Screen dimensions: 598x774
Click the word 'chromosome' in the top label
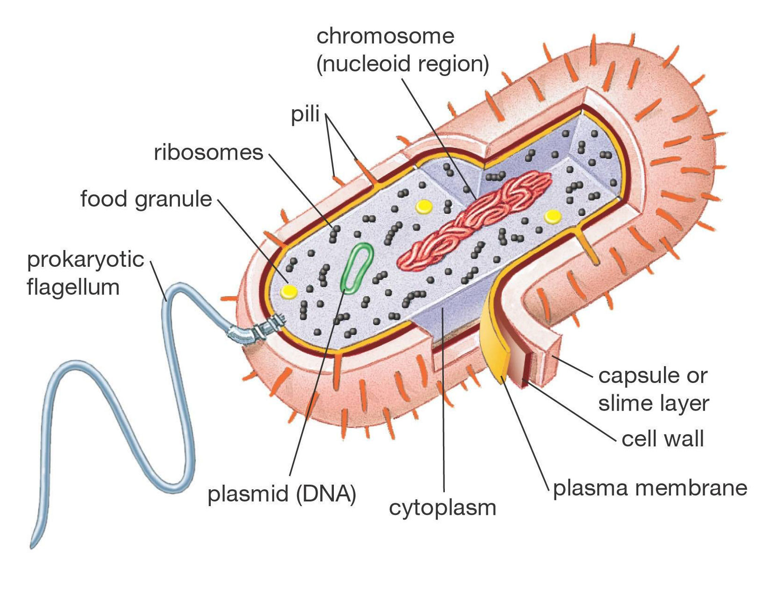385,36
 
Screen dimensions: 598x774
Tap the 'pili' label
305,114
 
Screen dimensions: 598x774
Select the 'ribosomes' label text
208,153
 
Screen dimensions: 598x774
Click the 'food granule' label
146,199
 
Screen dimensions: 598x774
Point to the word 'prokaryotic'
85,259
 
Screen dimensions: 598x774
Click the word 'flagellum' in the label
73,287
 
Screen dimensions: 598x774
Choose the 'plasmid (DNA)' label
282,494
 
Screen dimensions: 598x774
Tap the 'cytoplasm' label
442,508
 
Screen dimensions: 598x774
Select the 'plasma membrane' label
650,488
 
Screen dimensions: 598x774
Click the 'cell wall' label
663,439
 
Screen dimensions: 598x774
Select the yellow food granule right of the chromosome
553,216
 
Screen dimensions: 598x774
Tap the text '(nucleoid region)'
402,64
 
